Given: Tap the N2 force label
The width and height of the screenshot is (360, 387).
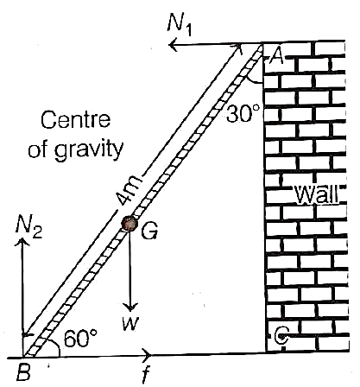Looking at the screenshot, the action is pos(29,228).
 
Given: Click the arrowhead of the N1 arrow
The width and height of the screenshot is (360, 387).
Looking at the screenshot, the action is pos(174,46).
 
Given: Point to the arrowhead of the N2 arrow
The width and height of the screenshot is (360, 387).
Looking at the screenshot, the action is pos(22,242).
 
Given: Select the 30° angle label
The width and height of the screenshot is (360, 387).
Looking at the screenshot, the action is pos(243,113).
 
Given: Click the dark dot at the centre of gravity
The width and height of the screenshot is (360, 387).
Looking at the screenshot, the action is pos(129,224).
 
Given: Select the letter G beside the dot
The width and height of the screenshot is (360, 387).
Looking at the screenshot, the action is pos(149,231).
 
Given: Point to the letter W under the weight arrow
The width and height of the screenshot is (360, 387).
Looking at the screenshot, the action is pos(130,324).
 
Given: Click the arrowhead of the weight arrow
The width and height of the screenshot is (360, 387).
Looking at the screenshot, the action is pos(131,307).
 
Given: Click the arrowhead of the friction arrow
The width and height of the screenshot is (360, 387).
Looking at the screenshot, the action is pos(148,355).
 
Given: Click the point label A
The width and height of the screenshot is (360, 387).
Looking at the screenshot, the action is pos(275,57).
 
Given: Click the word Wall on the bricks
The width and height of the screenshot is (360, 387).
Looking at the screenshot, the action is pos(317,194).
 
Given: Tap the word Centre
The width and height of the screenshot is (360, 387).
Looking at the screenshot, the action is pos(75,120).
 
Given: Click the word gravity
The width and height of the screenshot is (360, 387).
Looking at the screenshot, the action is pos(89,150).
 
